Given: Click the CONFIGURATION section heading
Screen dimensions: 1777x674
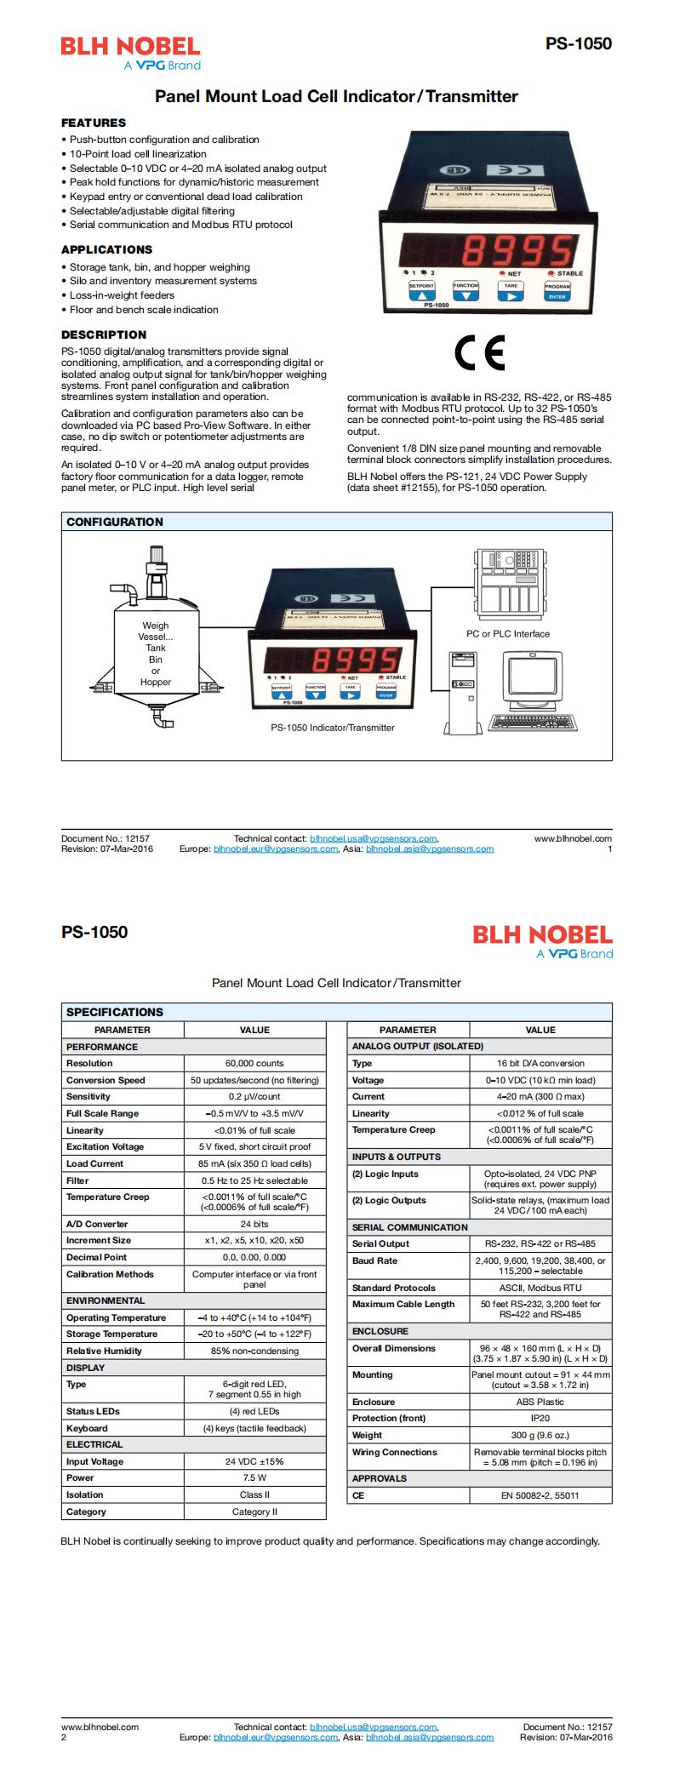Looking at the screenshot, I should pyautogui.click(x=114, y=522).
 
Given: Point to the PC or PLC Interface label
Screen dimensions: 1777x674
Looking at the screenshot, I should pyautogui.click(x=507, y=634).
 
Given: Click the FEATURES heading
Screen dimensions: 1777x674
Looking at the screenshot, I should pyautogui.click(x=93, y=123).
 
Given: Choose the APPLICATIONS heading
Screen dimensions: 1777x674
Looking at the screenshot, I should pyautogui.click(x=106, y=249).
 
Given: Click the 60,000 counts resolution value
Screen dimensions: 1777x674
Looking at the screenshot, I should pyautogui.click(x=254, y=1064).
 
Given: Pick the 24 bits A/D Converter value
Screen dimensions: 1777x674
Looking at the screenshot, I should pyautogui.click(x=254, y=1224).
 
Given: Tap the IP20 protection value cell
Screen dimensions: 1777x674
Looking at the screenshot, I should pyautogui.click(x=540, y=1418).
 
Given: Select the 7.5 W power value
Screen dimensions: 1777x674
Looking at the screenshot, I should pyautogui.click(x=254, y=1477).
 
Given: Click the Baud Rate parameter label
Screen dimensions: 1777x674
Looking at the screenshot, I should pyautogui.click(x=374, y=1260).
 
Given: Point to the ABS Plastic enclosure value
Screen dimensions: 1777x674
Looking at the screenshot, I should pyautogui.click(x=540, y=1402).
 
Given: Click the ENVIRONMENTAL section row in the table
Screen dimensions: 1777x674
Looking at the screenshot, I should pyautogui.click(x=106, y=1300).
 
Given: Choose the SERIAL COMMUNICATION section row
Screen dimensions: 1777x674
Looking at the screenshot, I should pyautogui.click(x=409, y=1227).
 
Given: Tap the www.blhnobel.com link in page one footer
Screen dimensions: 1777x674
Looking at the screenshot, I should pyautogui.click(x=573, y=838).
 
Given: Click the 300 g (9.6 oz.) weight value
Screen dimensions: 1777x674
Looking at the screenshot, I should pyautogui.click(x=540, y=1435).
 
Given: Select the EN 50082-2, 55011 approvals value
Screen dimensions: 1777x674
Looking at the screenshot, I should pyautogui.click(x=540, y=1495).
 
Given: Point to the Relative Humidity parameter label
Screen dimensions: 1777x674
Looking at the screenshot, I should pyautogui.click(x=104, y=1351).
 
